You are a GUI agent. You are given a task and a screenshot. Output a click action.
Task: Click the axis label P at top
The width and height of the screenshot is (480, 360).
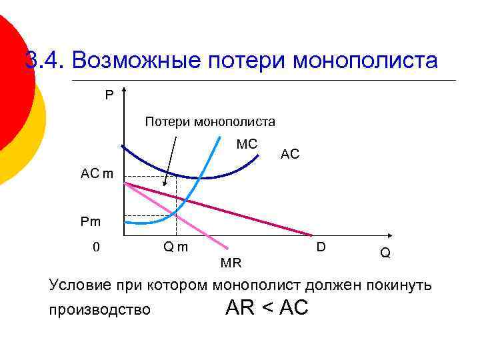[x=109, y=95]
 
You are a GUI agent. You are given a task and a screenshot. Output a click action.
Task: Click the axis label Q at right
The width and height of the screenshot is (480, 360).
[x=385, y=253]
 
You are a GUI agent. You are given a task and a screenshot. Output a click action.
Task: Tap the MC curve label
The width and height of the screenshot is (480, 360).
[x=247, y=144]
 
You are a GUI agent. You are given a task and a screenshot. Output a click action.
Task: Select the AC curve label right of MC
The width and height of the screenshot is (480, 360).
[x=290, y=154]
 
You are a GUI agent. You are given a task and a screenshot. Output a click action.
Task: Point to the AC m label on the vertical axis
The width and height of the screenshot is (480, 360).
[x=97, y=174]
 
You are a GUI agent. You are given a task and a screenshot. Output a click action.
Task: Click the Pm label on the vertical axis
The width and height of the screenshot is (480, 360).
[x=91, y=221]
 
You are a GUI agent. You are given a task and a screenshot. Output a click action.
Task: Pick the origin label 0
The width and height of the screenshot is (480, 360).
[x=96, y=247]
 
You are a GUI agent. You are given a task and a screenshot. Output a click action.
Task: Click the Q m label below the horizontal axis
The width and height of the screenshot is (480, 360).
[x=175, y=247]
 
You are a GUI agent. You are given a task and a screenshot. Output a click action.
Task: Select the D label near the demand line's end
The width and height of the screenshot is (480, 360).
[x=321, y=247]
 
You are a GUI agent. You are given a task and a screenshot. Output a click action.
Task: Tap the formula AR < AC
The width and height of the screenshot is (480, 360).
[x=267, y=307]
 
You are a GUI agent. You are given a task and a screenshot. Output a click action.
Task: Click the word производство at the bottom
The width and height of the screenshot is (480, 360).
[x=100, y=310]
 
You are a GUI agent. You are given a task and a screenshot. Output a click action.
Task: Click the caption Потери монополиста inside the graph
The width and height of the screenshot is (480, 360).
[x=210, y=121]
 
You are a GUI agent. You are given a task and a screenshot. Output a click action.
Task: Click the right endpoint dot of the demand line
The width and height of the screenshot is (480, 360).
[x=311, y=235]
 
